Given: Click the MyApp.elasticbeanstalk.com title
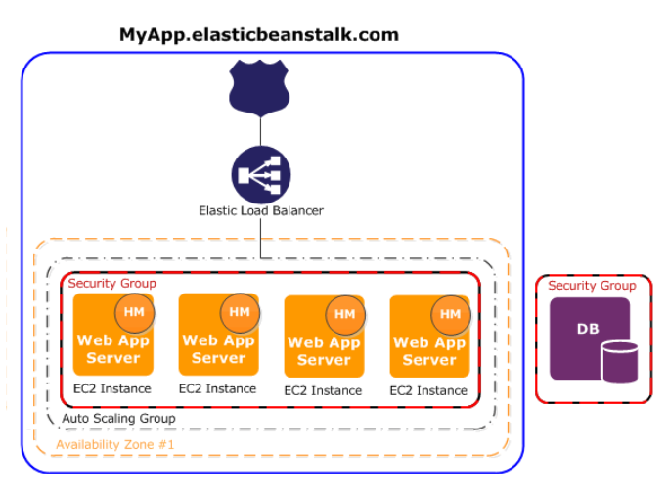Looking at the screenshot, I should click(x=259, y=34).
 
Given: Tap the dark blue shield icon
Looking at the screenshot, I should click(x=260, y=85).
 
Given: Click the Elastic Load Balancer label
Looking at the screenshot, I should click(x=261, y=210).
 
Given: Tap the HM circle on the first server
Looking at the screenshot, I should click(x=134, y=312).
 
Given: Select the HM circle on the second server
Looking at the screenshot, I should click(x=240, y=312).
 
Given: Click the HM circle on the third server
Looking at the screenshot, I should click(x=345, y=314).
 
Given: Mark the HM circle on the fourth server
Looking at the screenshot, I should click(x=451, y=314).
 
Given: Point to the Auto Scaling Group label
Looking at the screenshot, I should click(x=118, y=419).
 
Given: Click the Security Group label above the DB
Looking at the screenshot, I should click(x=592, y=286).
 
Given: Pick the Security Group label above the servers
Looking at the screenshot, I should click(x=111, y=283).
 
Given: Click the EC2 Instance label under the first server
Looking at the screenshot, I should click(x=111, y=388).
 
